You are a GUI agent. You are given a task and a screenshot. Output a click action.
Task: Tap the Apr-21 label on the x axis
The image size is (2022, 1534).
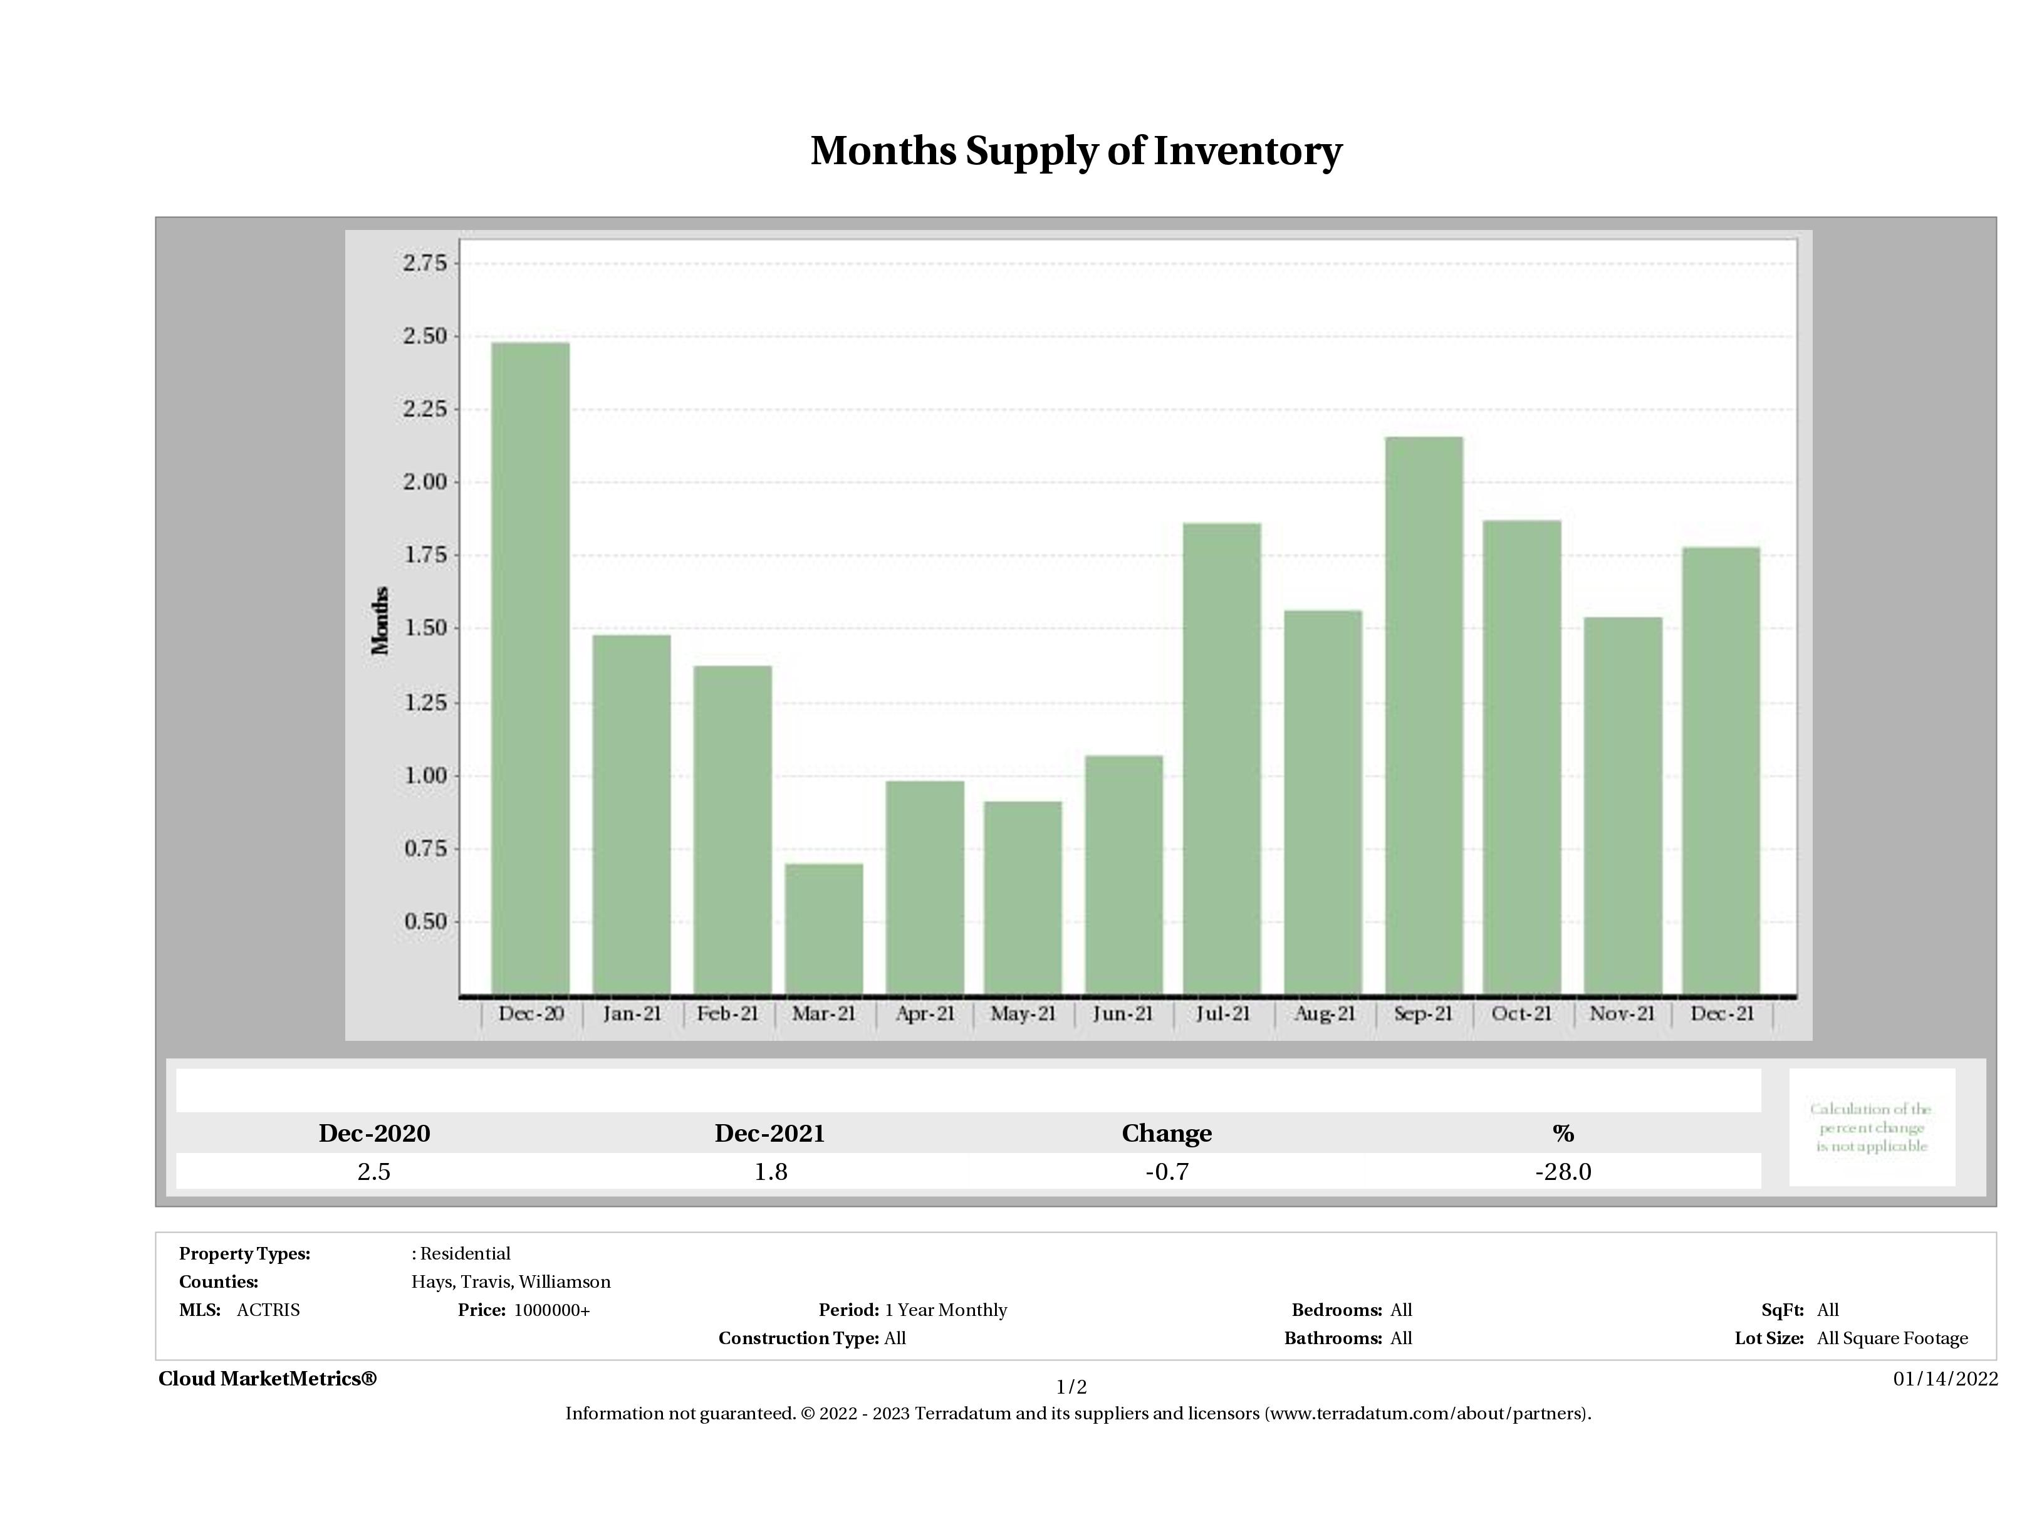(925, 1014)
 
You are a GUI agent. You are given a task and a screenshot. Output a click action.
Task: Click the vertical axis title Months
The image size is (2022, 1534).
(380, 621)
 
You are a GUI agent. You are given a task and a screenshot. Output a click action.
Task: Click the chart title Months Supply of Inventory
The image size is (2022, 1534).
(1076, 151)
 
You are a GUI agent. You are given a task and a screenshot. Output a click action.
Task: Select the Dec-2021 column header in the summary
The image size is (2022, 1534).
(769, 1134)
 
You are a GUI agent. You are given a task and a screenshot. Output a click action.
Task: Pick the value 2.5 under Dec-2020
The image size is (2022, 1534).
(374, 1172)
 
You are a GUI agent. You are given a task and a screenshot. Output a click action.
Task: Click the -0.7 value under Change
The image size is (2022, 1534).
(1167, 1172)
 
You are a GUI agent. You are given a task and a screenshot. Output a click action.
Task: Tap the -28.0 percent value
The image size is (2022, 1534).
(1563, 1172)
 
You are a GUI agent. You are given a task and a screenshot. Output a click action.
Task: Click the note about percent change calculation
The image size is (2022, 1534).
(1871, 1127)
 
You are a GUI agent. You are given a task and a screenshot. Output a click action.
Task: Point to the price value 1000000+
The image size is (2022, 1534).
(551, 1310)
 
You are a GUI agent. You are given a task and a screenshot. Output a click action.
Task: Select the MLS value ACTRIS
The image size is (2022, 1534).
(268, 1310)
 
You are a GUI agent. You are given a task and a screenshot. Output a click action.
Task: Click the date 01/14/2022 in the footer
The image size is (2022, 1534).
(1945, 1379)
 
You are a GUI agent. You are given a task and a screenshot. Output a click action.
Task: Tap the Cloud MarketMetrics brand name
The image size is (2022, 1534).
(267, 1379)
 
